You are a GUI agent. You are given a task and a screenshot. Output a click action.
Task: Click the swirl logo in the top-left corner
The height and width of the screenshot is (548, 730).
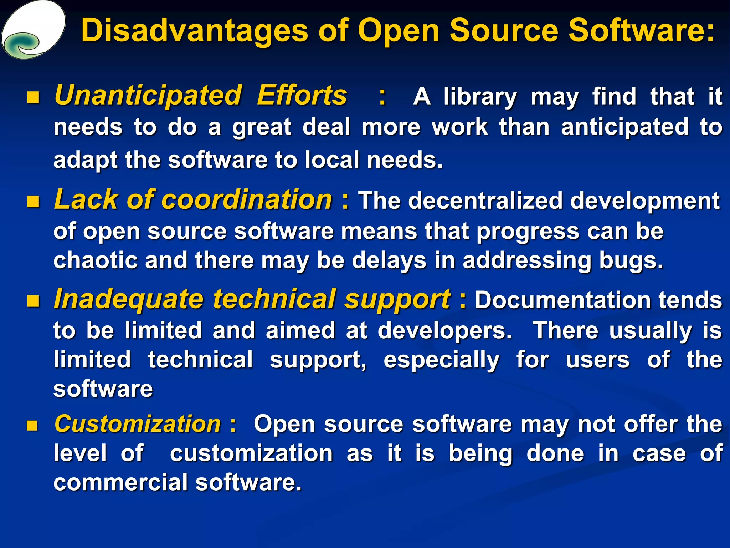(x=33, y=30)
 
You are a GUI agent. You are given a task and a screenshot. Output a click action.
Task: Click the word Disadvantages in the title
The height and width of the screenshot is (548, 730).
(x=194, y=31)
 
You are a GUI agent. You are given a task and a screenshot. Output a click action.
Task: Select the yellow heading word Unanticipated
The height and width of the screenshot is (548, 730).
(x=148, y=96)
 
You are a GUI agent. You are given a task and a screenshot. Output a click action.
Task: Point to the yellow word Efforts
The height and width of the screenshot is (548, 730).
(x=302, y=96)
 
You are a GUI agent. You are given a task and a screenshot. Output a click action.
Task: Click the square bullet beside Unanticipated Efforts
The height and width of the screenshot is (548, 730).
(x=33, y=97)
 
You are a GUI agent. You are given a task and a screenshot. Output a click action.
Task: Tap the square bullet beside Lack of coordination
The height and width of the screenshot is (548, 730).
(x=33, y=202)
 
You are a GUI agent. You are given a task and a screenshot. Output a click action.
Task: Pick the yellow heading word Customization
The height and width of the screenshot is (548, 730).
(x=138, y=424)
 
